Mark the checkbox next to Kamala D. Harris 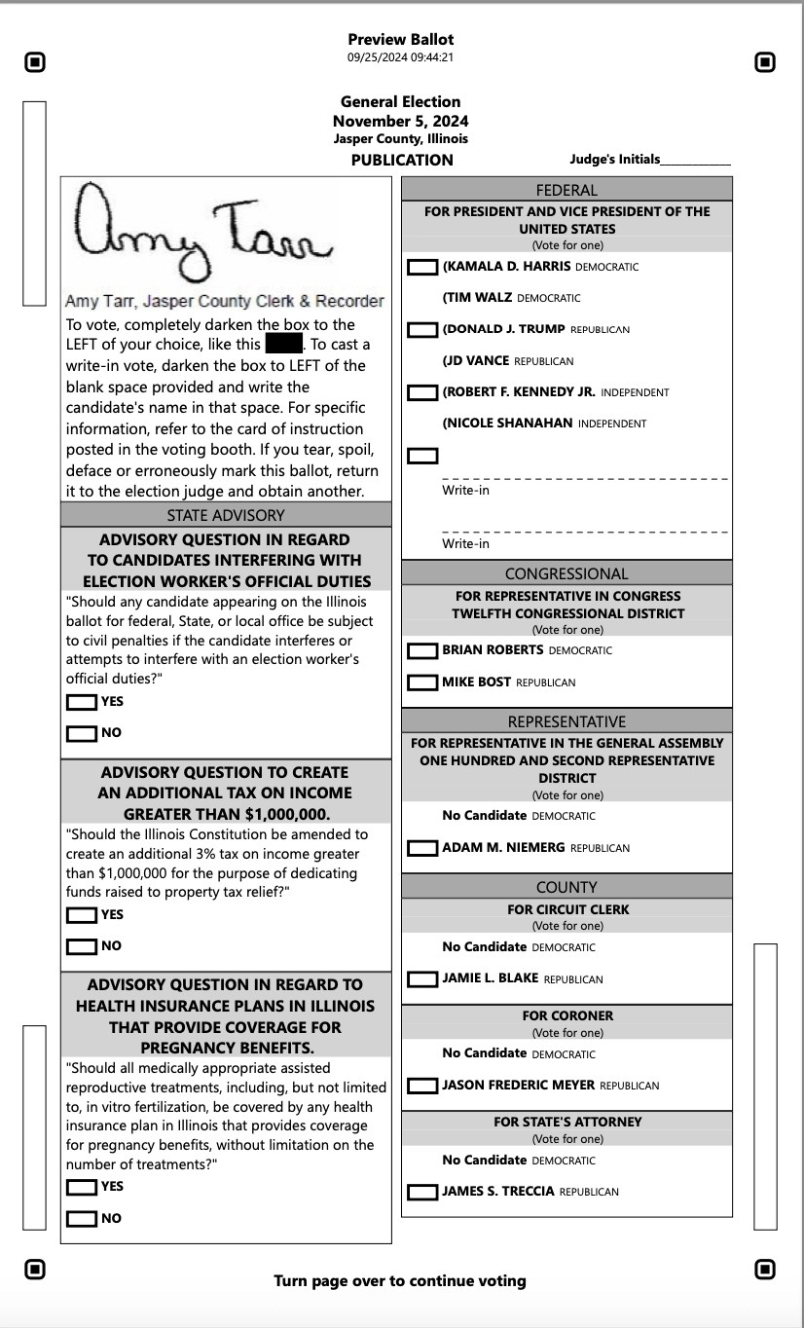coord(422,267)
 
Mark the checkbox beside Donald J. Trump coord(422,330)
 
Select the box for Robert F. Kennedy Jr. coord(422,392)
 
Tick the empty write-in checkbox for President coord(422,456)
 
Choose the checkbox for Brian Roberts coord(422,650)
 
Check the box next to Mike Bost coord(422,682)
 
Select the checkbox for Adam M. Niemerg coord(422,848)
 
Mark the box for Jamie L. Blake coord(422,979)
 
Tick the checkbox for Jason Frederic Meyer coord(422,1086)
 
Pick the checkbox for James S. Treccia coord(422,1192)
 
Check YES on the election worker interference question coord(82,702)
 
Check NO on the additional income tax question coord(82,946)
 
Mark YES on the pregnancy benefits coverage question coord(82,1187)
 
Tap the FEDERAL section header coord(566,190)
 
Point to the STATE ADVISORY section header coord(226,515)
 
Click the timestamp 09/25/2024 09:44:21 coord(401,57)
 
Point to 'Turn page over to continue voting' coord(400,1281)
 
